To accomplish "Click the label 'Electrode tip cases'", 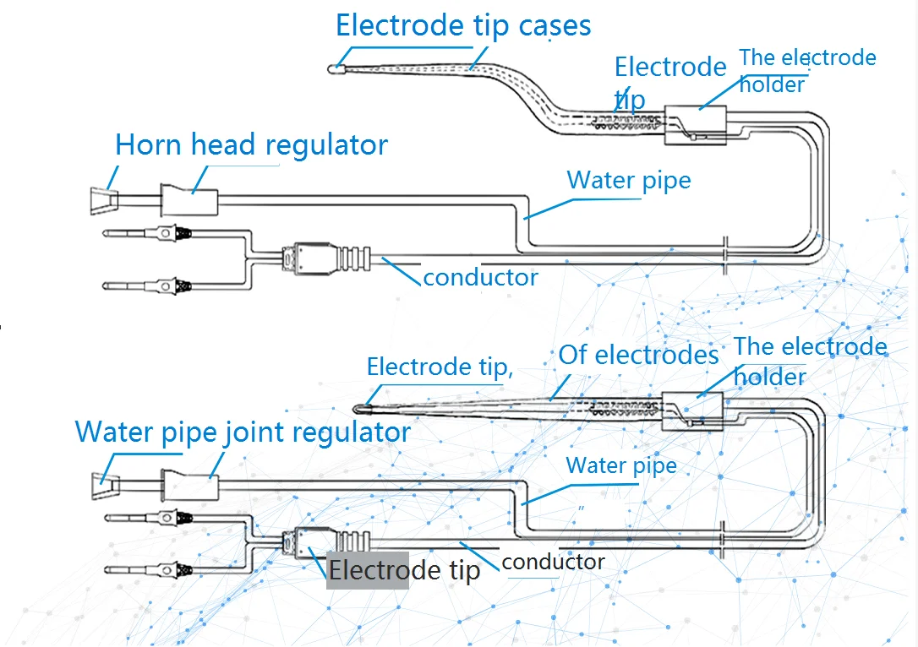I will [463, 25].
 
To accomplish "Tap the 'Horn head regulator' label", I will [251, 144].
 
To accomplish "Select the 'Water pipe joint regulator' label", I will [243, 432].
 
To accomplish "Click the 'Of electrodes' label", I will [638, 355].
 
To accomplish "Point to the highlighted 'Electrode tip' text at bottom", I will [404, 570].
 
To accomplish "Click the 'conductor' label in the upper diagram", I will [480, 277].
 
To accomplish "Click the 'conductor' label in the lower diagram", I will [554, 562].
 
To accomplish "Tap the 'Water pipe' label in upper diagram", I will [628, 180].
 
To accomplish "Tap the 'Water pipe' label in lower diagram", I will [621, 465].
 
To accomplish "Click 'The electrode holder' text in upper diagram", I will [807, 70].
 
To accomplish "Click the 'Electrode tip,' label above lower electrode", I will [440, 367].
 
